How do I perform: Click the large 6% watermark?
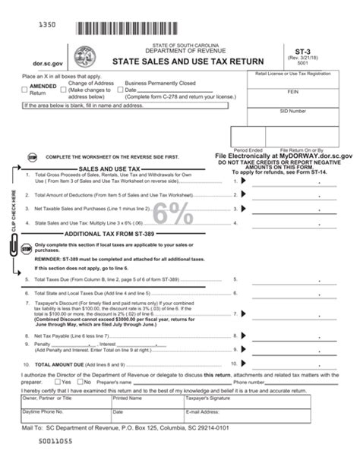pyautogui.click(x=175, y=214)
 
